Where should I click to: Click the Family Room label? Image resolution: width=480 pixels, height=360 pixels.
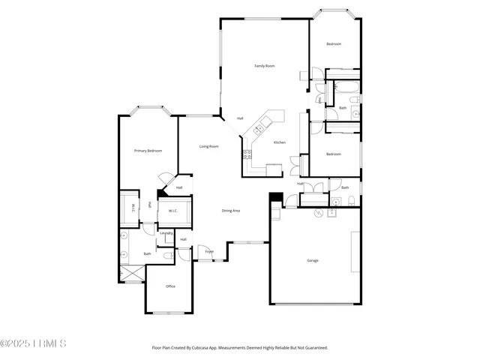coord(264,66)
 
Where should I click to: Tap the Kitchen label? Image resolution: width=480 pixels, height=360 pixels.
coord(279,142)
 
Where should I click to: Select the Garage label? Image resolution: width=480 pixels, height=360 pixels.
coord(313,260)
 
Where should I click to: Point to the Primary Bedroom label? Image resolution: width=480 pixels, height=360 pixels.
coord(148,151)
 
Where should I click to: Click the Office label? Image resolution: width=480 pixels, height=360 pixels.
coord(170,286)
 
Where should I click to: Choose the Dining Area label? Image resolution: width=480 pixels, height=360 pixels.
coord(230,211)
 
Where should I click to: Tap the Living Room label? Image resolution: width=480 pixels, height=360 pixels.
coord(208,146)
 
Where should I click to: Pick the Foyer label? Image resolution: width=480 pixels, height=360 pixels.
coord(209,251)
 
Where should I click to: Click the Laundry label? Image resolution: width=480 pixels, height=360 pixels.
coord(166,232)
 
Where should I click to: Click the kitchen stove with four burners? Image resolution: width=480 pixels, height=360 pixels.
coord(246,156)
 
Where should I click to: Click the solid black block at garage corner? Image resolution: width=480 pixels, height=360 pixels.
coord(275,198)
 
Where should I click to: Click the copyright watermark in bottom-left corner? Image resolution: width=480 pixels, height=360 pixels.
coord(34,343)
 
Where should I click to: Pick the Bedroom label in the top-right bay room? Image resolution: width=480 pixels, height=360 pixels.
coord(333,44)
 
